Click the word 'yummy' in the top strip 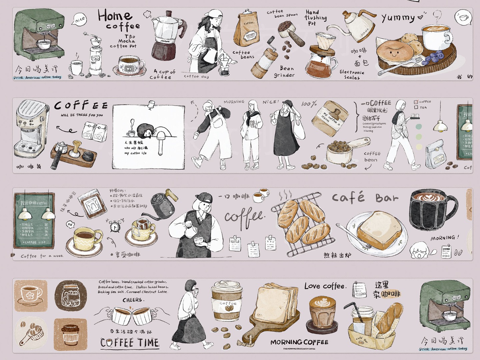(398, 18)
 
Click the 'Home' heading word (115, 15)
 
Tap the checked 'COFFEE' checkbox (416, 102)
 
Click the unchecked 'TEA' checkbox (416, 107)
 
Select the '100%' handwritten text (309, 104)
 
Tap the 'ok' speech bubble (70, 224)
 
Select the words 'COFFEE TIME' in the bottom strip (130, 343)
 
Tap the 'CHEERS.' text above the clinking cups (133, 300)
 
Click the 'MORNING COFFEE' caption (299, 342)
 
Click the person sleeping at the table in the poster (147, 131)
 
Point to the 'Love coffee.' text (325, 286)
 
